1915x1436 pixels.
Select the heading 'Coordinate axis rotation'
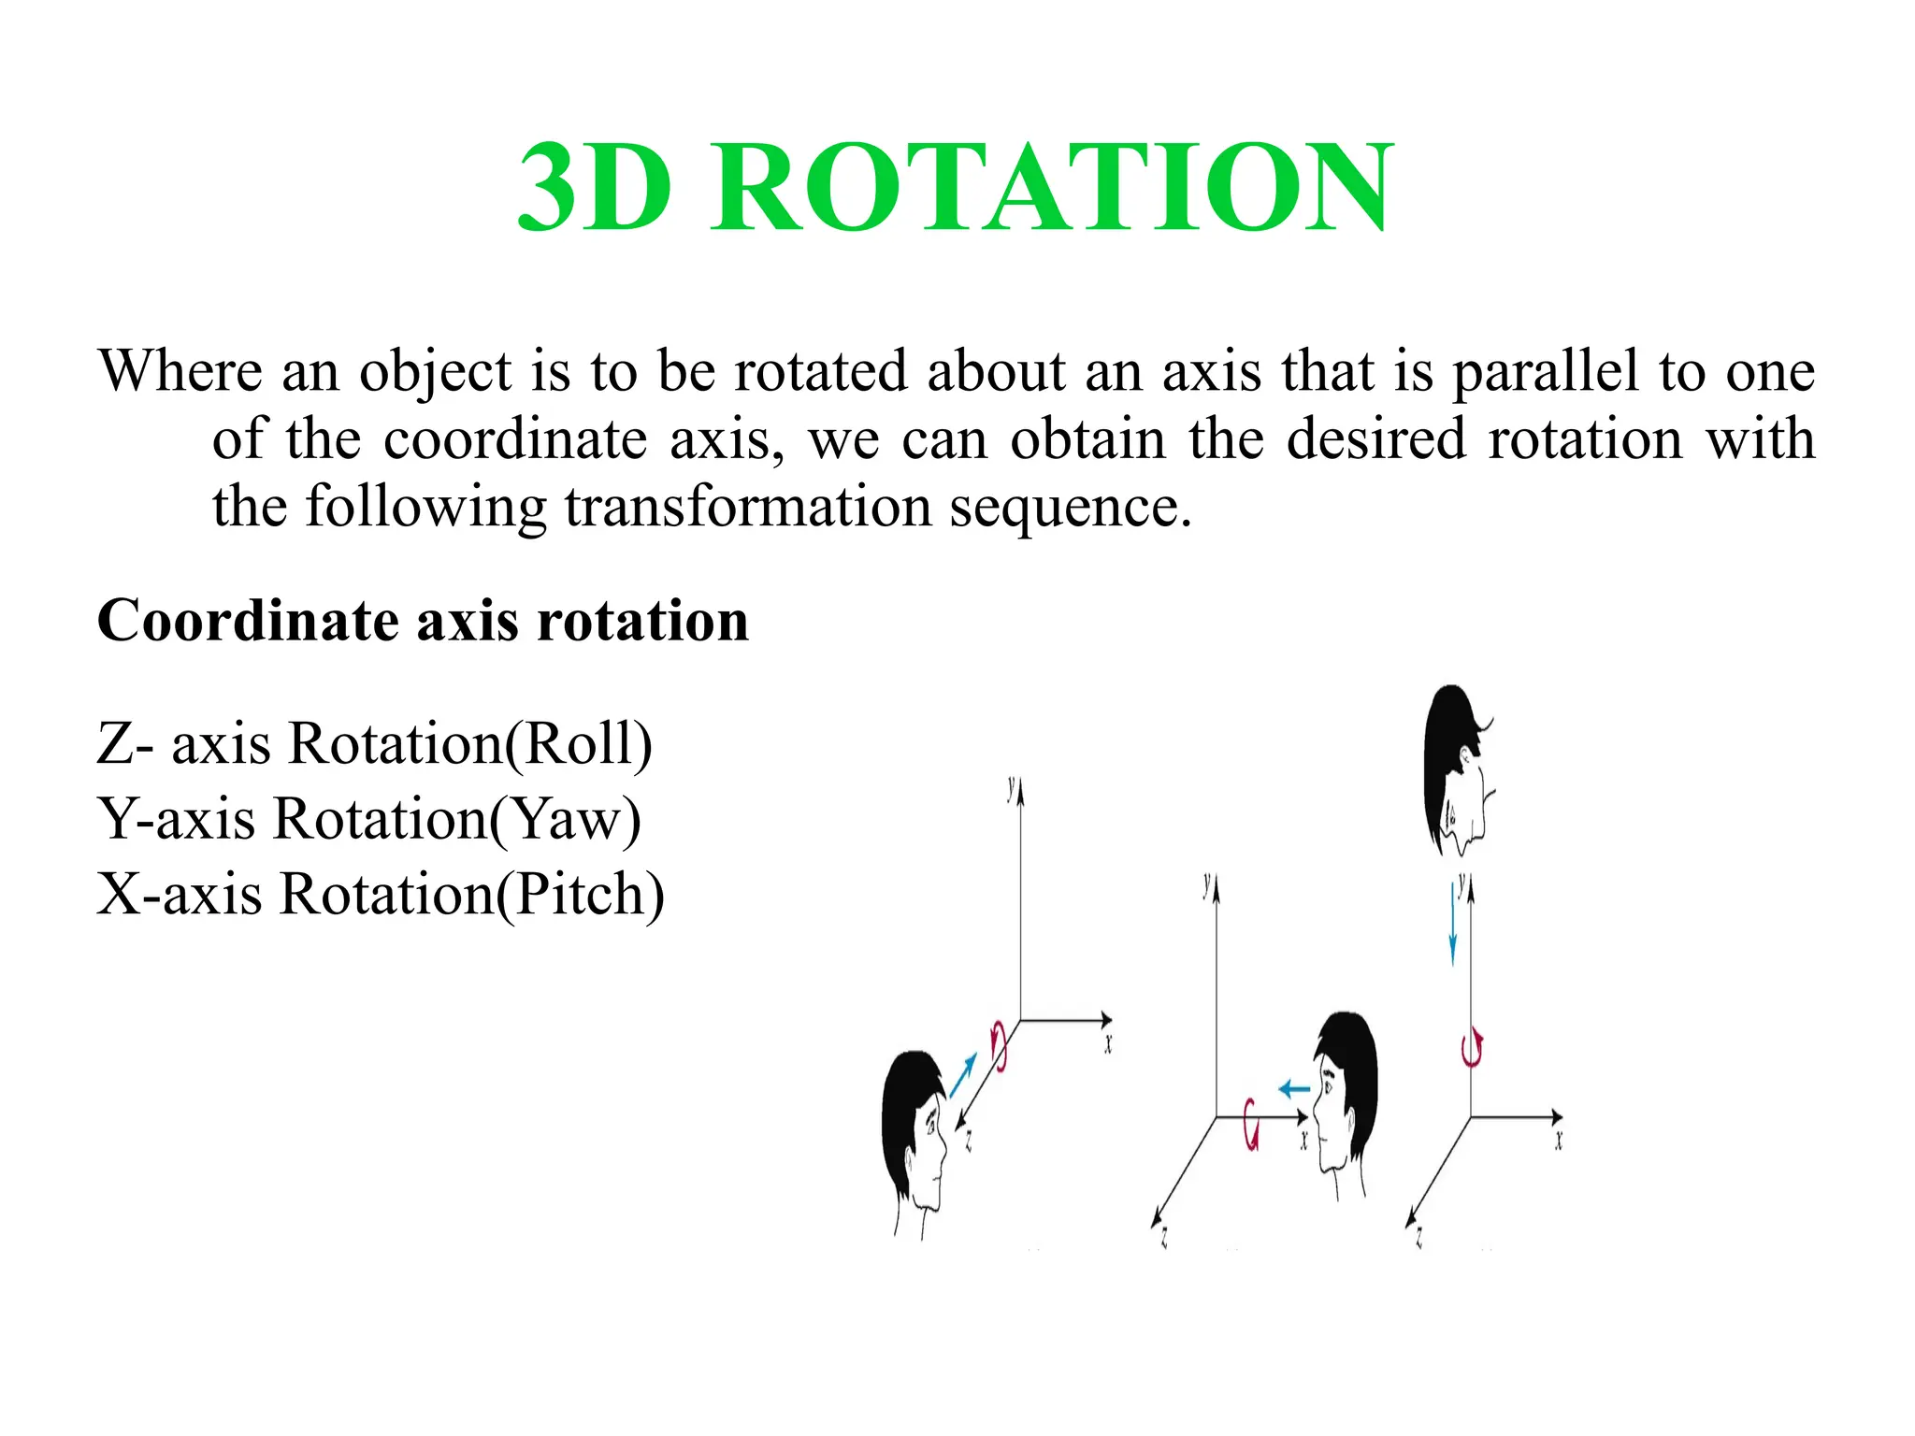[x=423, y=621]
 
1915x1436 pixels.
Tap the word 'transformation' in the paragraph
[x=748, y=507]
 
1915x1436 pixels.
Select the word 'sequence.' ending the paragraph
[x=1071, y=507]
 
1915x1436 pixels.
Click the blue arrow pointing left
[x=1294, y=1089]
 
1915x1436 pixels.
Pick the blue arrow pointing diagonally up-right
[x=963, y=1075]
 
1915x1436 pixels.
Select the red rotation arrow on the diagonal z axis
[x=999, y=1045]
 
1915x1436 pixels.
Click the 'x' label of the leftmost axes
[x=1108, y=1044]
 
